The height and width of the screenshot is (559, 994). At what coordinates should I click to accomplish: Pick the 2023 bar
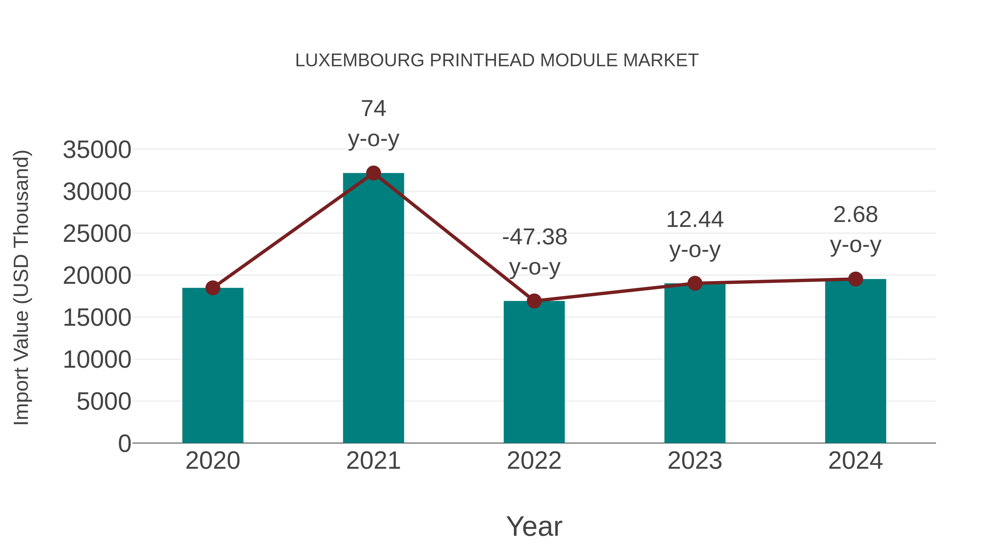(x=695, y=363)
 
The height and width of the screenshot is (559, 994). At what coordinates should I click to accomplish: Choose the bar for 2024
(x=855, y=361)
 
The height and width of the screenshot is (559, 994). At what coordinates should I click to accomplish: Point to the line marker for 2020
(x=213, y=288)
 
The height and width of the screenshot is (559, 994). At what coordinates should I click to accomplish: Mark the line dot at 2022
(x=534, y=301)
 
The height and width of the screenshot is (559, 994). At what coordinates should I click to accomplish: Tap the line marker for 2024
(x=855, y=279)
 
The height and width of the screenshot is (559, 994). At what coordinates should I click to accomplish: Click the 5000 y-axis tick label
(x=104, y=402)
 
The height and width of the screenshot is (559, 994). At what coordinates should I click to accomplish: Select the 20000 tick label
(x=97, y=276)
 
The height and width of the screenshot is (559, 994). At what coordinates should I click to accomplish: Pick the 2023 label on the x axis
(x=695, y=461)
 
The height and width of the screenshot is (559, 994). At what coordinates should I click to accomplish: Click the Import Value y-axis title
(x=21, y=287)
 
